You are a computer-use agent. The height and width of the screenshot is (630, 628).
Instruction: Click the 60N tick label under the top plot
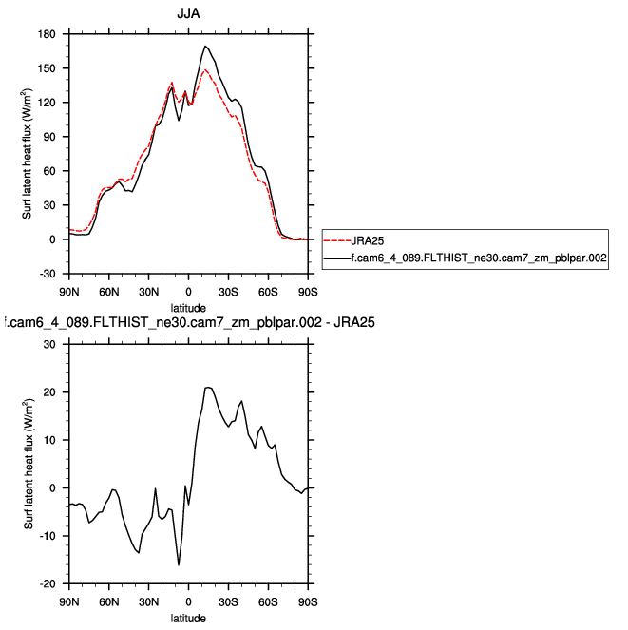(x=108, y=289)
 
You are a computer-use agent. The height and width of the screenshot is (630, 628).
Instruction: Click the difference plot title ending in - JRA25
(x=188, y=323)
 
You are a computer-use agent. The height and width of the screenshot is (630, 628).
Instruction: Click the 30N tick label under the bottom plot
(x=148, y=601)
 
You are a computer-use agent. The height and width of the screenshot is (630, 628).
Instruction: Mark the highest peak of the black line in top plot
(x=205, y=46)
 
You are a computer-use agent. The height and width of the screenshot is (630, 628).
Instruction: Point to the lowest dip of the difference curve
(x=179, y=565)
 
